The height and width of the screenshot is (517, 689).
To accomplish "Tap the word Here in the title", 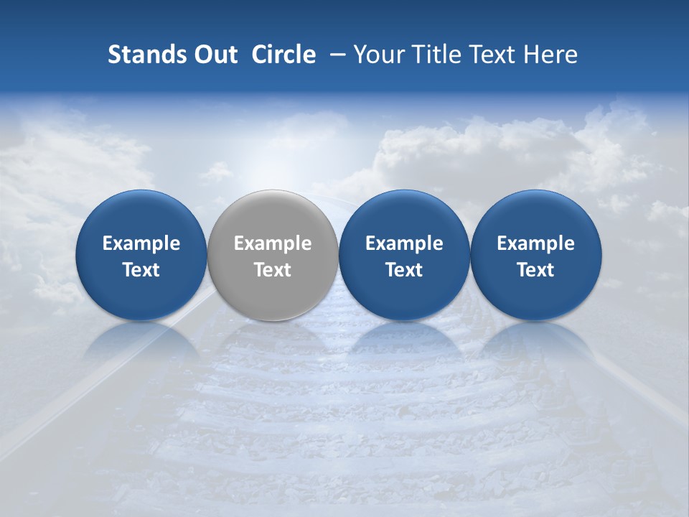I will (552, 55).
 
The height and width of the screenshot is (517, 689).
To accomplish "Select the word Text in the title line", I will (493, 55).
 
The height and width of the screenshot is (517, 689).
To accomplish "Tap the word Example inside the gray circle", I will (273, 243).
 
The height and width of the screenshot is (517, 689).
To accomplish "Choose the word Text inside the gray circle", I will (273, 270).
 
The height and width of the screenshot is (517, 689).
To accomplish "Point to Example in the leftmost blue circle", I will (141, 243).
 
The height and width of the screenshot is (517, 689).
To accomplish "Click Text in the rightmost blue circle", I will (536, 270).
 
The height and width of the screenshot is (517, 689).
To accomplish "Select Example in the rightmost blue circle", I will (536, 243).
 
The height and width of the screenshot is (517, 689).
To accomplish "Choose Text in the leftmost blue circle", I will (141, 270).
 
